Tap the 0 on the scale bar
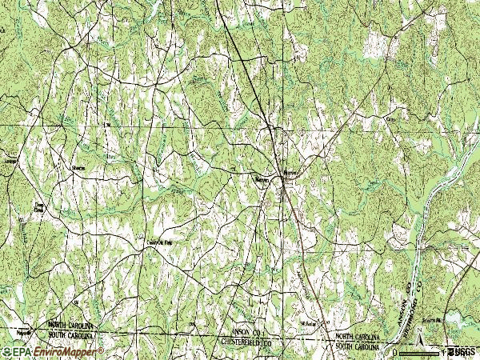pyautogui.click(x=394, y=351)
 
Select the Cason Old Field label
pyautogui.click(x=158, y=238)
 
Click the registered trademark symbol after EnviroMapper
pyautogui.click(x=102, y=349)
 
